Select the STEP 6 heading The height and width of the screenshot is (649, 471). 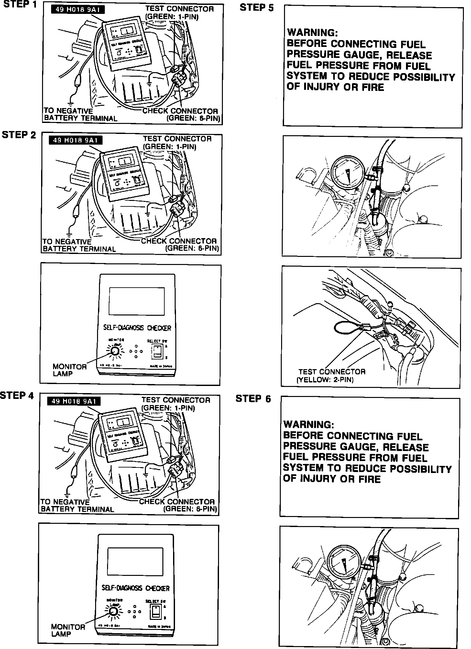pos(253,399)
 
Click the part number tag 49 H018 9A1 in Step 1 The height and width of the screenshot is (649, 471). pos(78,10)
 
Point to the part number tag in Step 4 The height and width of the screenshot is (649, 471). pos(74,401)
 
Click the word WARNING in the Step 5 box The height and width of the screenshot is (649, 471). pos(312,33)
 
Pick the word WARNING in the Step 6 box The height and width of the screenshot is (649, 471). pos(309,424)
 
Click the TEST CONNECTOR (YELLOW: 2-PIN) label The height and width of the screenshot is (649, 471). pos(331,376)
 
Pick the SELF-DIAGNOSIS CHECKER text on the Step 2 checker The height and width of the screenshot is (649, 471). pos(137,328)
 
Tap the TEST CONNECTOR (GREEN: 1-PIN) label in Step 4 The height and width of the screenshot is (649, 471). pos(175,404)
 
